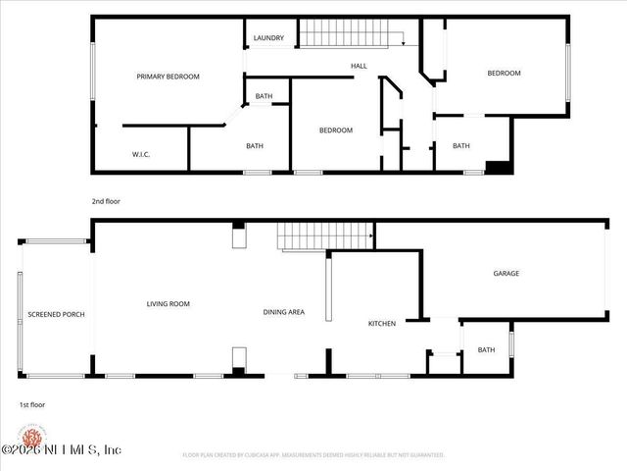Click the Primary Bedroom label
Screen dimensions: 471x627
coord(168,77)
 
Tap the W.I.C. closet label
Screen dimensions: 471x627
coord(145,154)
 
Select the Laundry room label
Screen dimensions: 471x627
coord(267,38)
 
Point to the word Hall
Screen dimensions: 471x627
coord(359,66)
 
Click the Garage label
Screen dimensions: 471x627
coord(506,274)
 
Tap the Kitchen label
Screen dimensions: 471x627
coord(381,323)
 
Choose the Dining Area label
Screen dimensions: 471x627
coord(283,312)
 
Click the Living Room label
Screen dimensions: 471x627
coord(168,304)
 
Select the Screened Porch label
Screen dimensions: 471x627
coord(56,315)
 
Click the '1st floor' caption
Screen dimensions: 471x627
coord(32,404)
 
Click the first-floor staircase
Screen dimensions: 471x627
coord(324,236)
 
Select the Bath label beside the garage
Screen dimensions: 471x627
coord(486,350)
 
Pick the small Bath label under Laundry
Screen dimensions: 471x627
coord(264,96)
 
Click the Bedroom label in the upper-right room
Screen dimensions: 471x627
coord(504,73)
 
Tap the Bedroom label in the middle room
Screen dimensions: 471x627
coord(336,131)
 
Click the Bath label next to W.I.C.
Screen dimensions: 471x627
coord(254,146)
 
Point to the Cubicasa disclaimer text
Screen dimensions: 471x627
coord(313,455)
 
